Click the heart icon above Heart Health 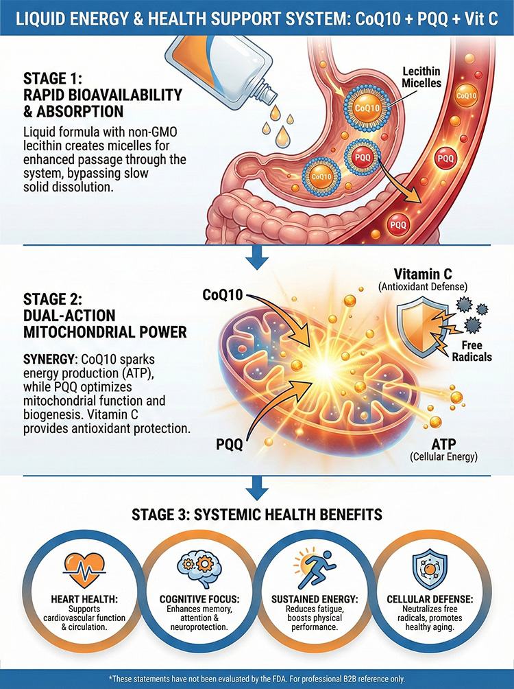pos(84,569)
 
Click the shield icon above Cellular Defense pos(430,569)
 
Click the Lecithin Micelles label pos(421,77)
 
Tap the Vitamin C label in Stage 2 pos(423,275)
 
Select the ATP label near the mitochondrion pos(444,443)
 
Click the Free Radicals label pos(472,351)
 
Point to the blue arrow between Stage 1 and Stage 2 pos(257,257)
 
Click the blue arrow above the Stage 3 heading pos(257,488)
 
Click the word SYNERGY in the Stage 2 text pos(48,360)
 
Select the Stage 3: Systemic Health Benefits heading pos(257,514)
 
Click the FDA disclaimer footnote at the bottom pos(257,679)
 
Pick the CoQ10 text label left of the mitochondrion pos(223,295)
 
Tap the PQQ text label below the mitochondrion pos(229,445)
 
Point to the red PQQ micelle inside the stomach pos(362,157)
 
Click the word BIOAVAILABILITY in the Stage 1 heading pos(121,95)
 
